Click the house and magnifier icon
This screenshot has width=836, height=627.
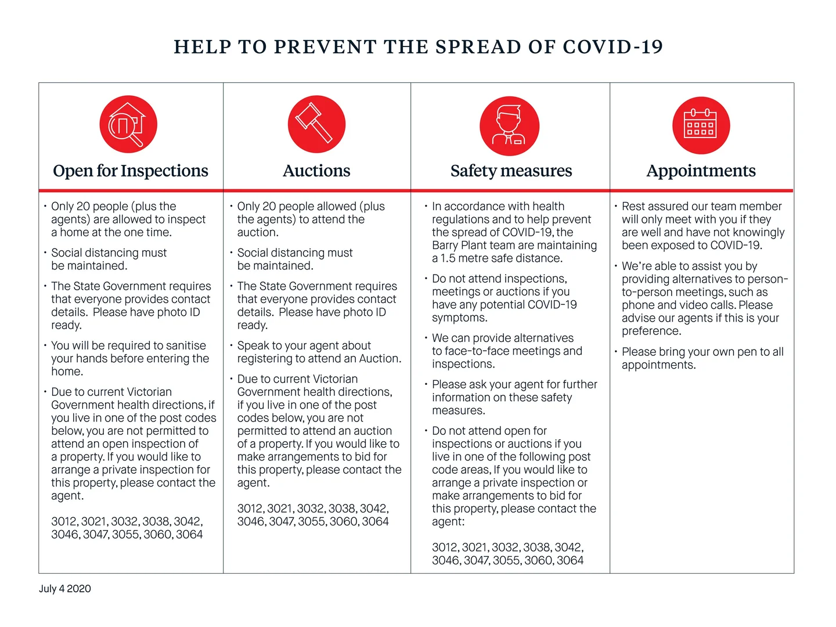pyautogui.click(x=128, y=124)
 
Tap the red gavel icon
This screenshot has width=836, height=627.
pyautogui.click(x=316, y=124)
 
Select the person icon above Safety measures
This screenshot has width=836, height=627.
pyautogui.click(x=509, y=126)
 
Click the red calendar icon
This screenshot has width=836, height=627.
pyautogui.click(x=701, y=125)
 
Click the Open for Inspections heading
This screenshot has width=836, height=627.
pyautogui.click(x=131, y=171)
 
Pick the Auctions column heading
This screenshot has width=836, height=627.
pyautogui.click(x=316, y=171)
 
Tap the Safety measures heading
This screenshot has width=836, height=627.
pyautogui.click(x=511, y=171)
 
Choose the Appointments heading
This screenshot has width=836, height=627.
pyautogui.click(x=701, y=171)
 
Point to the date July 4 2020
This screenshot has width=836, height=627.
pyautogui.click(x=65, y=589)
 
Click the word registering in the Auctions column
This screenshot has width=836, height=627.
pyautogui.click(x=265, y=359)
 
